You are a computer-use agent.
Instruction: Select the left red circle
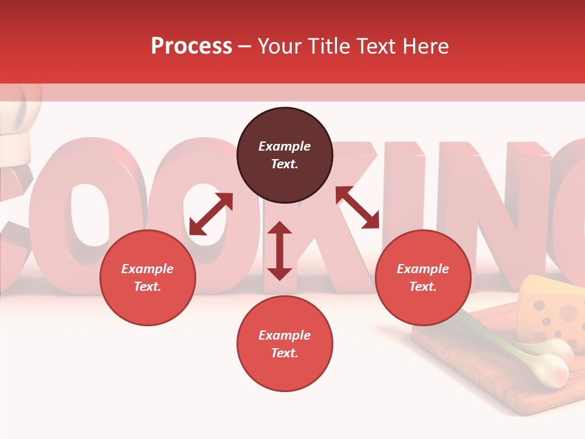(147, 277)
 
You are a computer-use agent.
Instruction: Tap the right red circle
(423, 277)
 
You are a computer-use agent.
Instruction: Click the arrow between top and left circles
(211, 214)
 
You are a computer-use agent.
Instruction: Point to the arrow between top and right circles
(358, 207)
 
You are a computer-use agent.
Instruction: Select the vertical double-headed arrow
(280, 251)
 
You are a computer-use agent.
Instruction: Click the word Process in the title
(191, 46)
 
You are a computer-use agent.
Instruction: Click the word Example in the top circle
(285, 146)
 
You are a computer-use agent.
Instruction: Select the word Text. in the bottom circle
(285, 353)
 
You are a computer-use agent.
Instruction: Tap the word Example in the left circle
(147, 269)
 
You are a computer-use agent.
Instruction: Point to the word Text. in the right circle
(423, 287)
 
